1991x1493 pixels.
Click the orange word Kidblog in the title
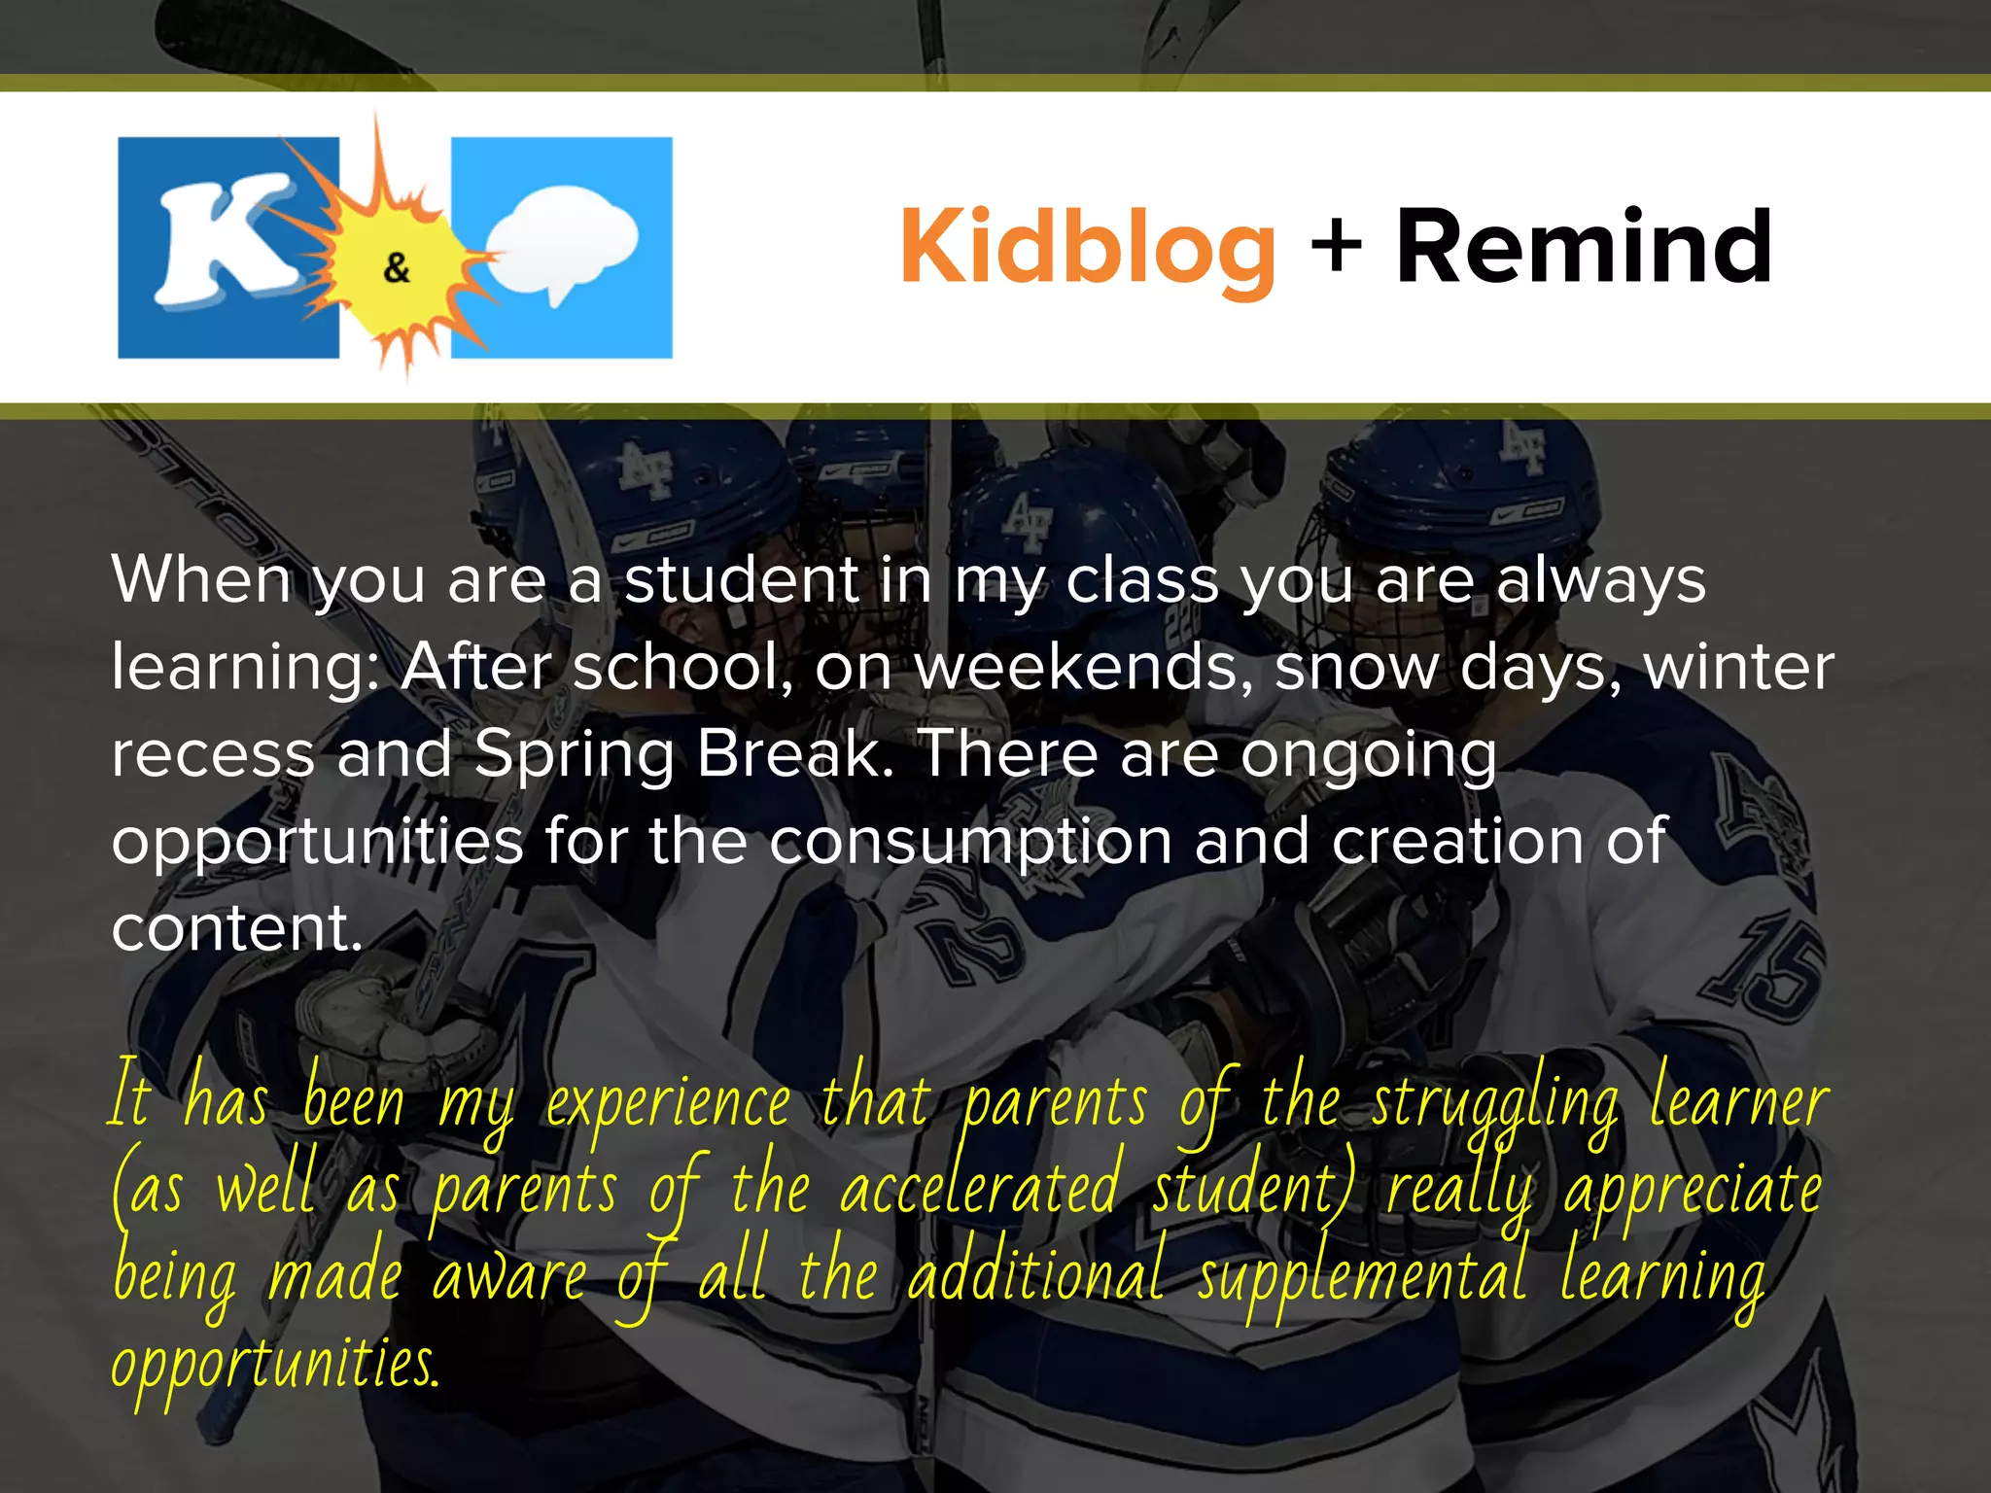[1087, 248]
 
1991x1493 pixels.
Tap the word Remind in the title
[1584, 248]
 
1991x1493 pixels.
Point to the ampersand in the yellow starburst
[397, 267]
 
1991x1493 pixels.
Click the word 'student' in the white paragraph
[741, 580]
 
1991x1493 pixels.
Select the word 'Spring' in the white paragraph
[574, 755]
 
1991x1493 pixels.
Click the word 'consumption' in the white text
[970, 841]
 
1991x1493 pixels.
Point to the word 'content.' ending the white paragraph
[237, 928]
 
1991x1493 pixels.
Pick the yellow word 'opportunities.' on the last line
[276, 1365]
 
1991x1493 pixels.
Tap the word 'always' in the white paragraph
[1600, 580]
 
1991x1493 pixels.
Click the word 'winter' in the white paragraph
[1738, 668]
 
